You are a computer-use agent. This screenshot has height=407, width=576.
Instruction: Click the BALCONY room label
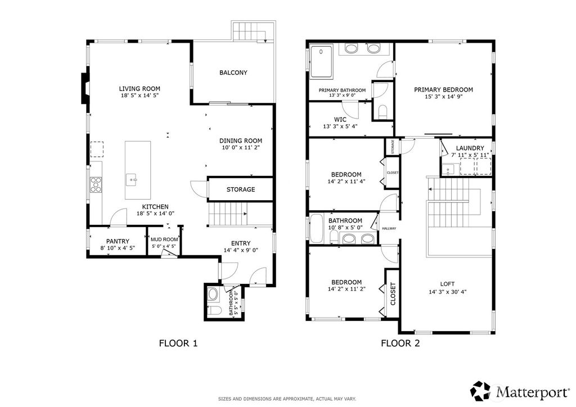pyautogui.click(x=233, y=73)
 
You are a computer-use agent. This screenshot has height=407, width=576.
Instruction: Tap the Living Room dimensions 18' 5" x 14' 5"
pyautogui.click(x=139, y=96)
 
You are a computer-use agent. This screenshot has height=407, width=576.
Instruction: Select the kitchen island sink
pyautogui.click(x=133, y=180)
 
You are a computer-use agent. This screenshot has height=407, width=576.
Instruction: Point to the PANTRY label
pyautogui.click(x=118, y=241)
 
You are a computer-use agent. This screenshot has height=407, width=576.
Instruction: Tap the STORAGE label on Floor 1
pyautogui.click(x=241, y=189)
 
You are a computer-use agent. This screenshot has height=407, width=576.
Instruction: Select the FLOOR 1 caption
pyautogui.click(x=178, y=342)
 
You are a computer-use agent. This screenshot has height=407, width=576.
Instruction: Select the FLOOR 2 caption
pyautogui.click(x=400, y=342)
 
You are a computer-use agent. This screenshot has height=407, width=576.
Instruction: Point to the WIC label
pyautogui.click(x=340, y=119)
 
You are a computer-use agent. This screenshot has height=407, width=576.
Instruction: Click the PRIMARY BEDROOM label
pyautogui.click(x=443, y=89)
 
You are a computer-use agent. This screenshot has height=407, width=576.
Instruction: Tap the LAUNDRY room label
pyautogui.click(x=467, y=148)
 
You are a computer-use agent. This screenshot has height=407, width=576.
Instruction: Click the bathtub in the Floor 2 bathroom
pyautogui.click(x=316, y=229)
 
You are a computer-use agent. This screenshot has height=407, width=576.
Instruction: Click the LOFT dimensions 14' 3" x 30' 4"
pyautogui.click(x=448, y=292)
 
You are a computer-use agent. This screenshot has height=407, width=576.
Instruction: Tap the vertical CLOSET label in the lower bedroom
pyautogui.click(x=393, y=293)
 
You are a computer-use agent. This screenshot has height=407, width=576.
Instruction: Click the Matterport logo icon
pyautogui.click(x=480, y=389)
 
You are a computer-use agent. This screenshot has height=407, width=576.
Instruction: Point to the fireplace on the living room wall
pyautogui.click(x=84, y=88)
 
